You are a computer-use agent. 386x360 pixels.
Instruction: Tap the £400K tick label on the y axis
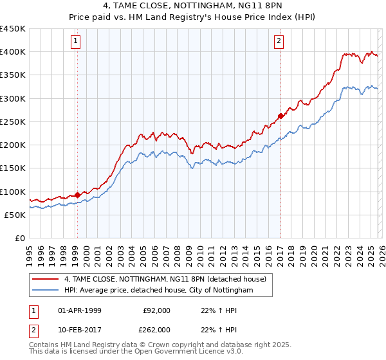coord(13,52)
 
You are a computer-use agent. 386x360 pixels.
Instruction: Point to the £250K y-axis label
coord(13,122)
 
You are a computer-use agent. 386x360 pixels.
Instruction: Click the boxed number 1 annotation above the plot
coord(76,42)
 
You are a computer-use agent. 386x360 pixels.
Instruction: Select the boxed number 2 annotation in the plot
coord(279,42)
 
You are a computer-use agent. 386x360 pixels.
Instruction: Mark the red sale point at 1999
coord(77,195)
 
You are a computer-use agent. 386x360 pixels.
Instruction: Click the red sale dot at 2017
coord(280,116)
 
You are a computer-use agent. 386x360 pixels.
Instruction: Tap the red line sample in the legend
coord(46,279)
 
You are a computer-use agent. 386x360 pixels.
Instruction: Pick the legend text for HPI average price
coord(159,291)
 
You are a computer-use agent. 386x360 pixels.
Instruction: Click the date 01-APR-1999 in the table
coord(80,310)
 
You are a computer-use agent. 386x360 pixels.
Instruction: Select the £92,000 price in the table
coord(156,310)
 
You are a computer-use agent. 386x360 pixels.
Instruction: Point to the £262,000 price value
coord(156,330)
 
